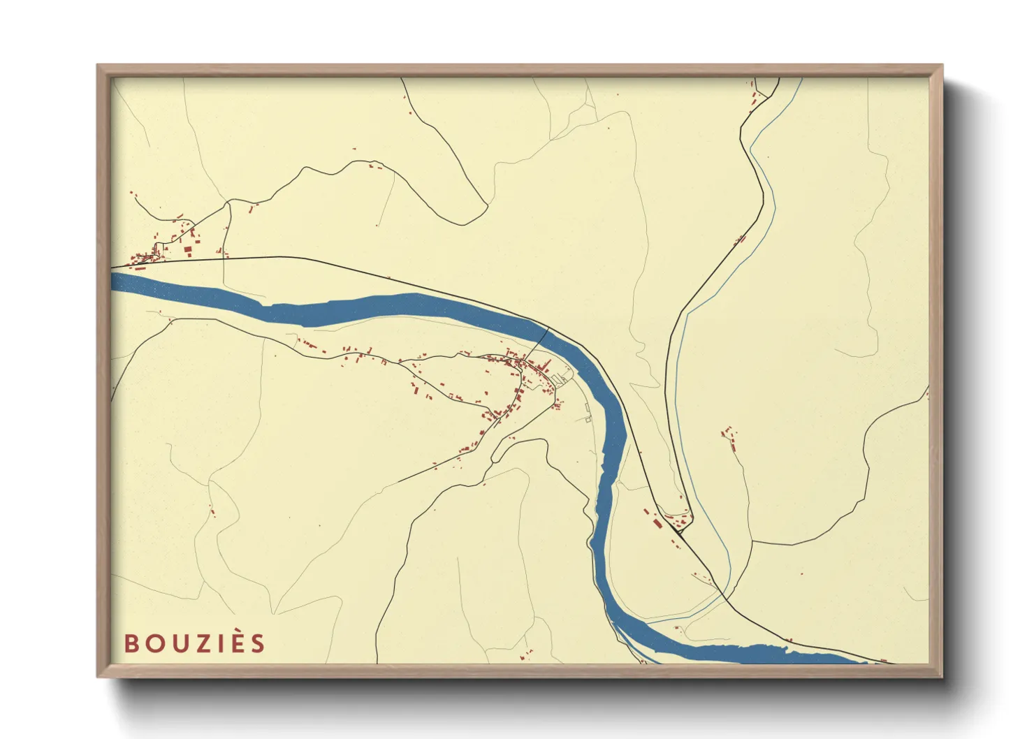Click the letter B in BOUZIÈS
pos(131,643)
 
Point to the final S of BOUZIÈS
pos(258,643)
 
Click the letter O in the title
pos(154,643)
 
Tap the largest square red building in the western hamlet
pos(187,249)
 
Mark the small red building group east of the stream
pos(729,436)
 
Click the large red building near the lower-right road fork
pos(656,523)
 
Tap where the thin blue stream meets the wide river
pos(646,621)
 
